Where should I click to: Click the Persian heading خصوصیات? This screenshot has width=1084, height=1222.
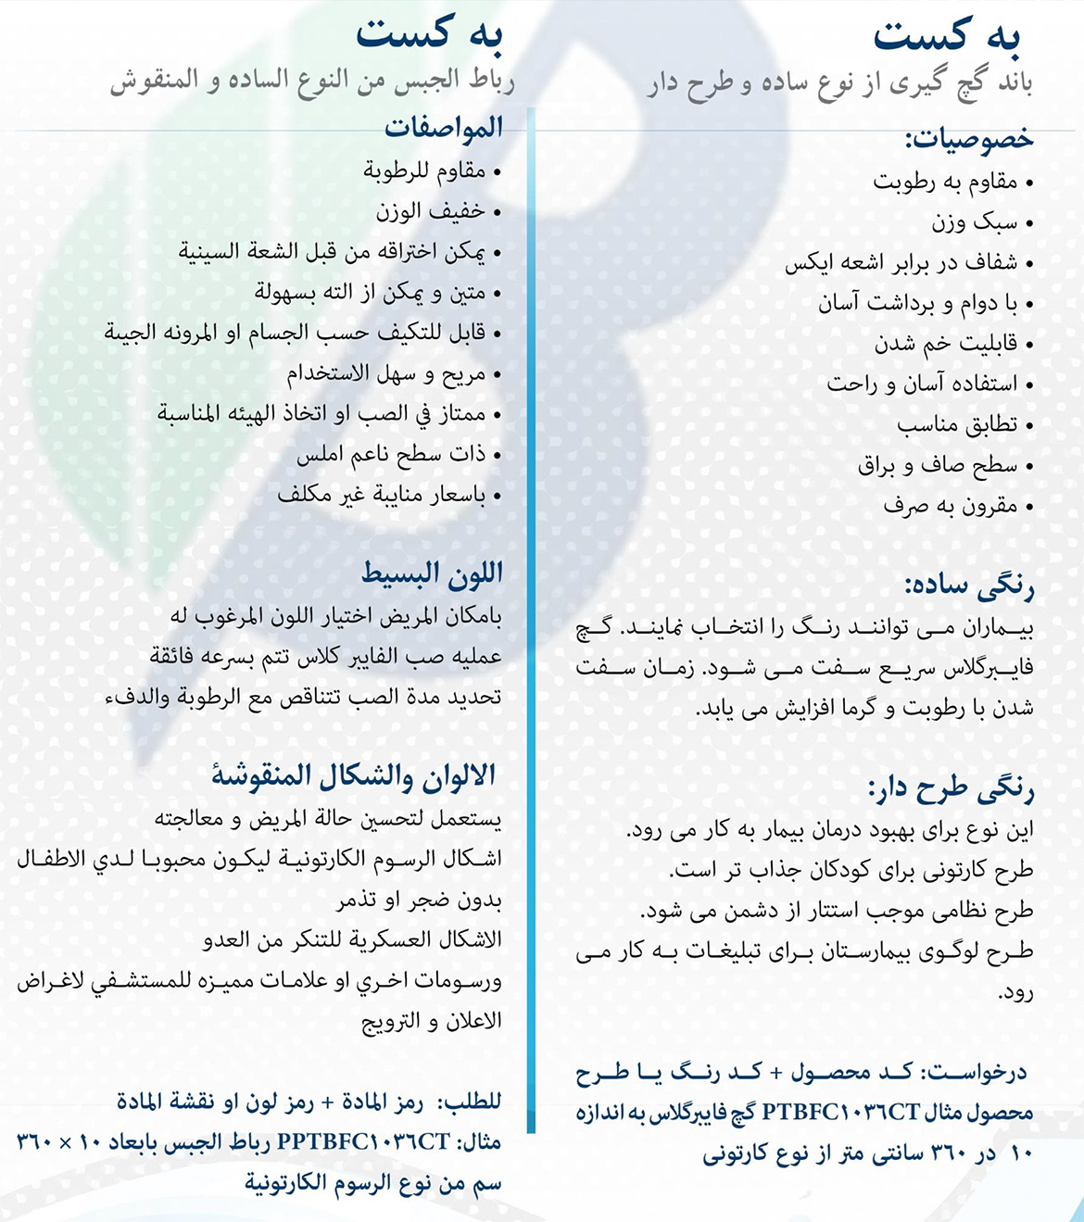pos(968,140)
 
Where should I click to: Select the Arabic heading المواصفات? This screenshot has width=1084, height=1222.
pos(444,128)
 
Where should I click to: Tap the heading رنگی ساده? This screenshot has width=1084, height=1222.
pos(969,586)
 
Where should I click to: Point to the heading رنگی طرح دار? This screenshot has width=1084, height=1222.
pos(951,789)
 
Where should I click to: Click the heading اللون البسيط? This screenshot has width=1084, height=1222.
pos(432,574)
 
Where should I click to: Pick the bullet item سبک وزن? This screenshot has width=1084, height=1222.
pos(974,222)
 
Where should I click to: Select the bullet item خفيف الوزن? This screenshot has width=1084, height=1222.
pos(430,211)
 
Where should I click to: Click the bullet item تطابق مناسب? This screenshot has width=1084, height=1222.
pos(956,424)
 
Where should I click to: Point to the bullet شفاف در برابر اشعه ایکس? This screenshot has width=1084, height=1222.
pos(901,263)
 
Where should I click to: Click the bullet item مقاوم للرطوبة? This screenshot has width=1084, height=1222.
pos(424,170)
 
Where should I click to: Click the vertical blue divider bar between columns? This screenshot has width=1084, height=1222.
pos(532,621)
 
